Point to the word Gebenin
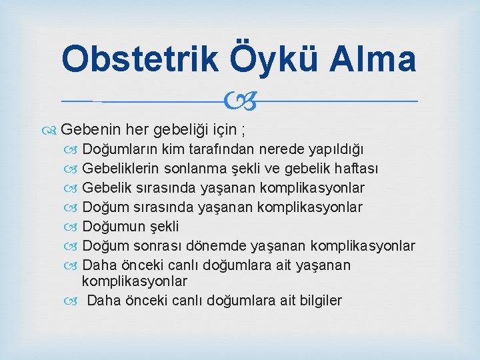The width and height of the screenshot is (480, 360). pyautogui.click(x=89, y=129)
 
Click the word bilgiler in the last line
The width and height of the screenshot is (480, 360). pyautogui.click(x=317, y=301)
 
